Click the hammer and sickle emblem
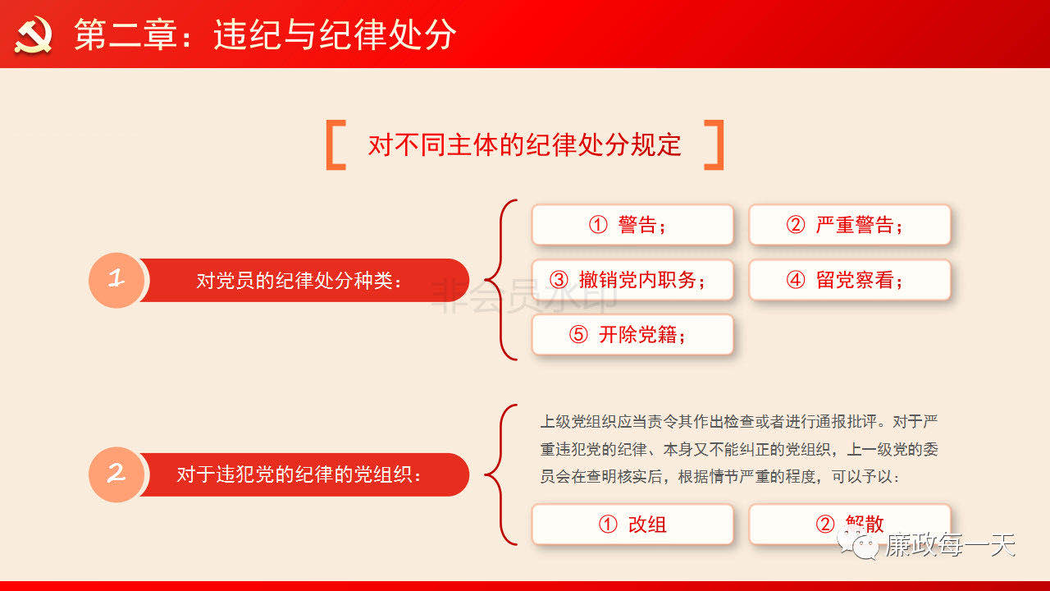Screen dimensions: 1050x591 [33, 34]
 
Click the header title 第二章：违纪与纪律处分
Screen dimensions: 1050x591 [265, 34]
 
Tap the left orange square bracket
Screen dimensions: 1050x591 [336, 145]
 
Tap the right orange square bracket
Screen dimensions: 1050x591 [714, 145]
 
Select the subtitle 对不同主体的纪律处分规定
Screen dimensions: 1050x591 [524, 144]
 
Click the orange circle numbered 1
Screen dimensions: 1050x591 [116, 280]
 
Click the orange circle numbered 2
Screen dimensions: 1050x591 [116, 474]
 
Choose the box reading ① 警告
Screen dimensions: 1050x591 [632, 225]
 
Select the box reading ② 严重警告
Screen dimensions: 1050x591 [850, 225]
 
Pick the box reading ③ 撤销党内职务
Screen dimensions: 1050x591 [632, 280]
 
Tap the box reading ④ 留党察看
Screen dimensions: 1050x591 [850, 280]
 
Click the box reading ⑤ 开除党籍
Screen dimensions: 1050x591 [632, 334]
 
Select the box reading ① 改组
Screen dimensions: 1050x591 [632, 524]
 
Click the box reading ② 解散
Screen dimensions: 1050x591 [850, 524]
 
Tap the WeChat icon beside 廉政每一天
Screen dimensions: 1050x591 [858, 544]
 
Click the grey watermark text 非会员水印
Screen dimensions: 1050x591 [523, 295]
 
